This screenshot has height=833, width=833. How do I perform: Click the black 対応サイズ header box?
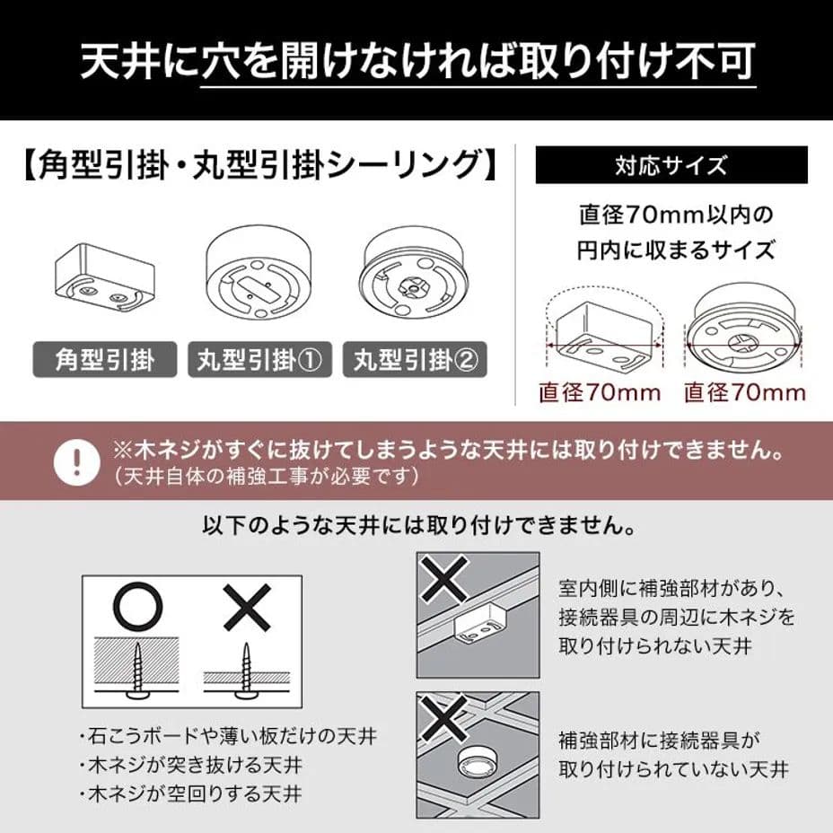point(671,166)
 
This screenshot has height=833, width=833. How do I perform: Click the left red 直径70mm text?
point(600,392)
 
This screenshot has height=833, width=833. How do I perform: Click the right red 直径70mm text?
point(744,392)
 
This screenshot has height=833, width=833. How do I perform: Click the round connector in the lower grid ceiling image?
point(477,765)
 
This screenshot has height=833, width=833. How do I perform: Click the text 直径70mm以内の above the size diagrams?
point(675,216)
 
